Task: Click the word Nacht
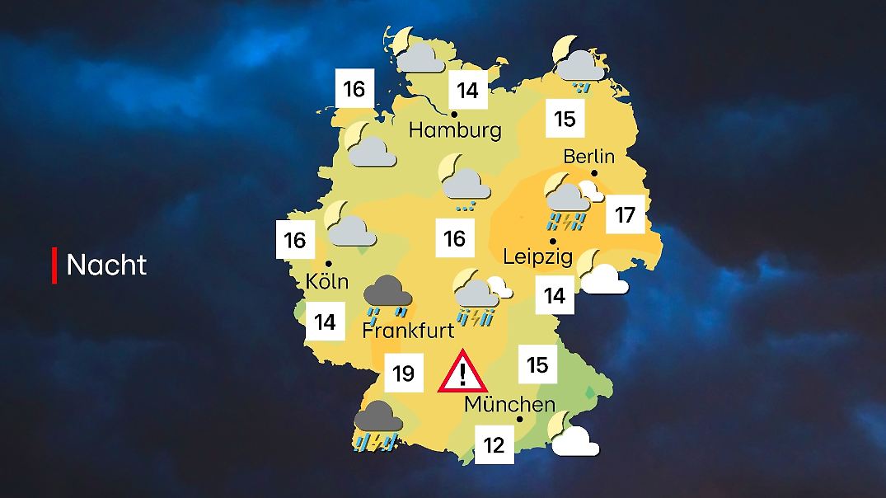pyautogui.click(x=106, y=265)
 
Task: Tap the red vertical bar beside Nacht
pyautogui.click(x=54, y=265)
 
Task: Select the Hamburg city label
pyautogui.click(x=455, y=130)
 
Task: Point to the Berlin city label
pyautogui.click(x=589, y=156)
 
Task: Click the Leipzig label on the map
pyautogui.click(x=537, y=257)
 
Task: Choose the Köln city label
pyautogui.click(x=327, y=281)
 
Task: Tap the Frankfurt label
pyautogui.click(x=409, y=331)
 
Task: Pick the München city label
pyautogui.click(x=509, y=405)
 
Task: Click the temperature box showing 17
pyautogui.click(x=625, y=215)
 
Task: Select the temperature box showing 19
pyautogui.click(x=403, y=373)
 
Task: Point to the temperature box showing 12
pyautogui.click(x=494, y=445)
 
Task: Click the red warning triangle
pyautogui.click(x=462, y=372)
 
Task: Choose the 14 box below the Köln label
pyautogui.click(x=326, y=322)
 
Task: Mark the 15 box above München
pyautogui.click(x=537, y=364)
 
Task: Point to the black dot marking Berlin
pyautogui.click(x=594, y=173)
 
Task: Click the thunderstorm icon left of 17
pyautogui.click(x=566, y=204)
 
